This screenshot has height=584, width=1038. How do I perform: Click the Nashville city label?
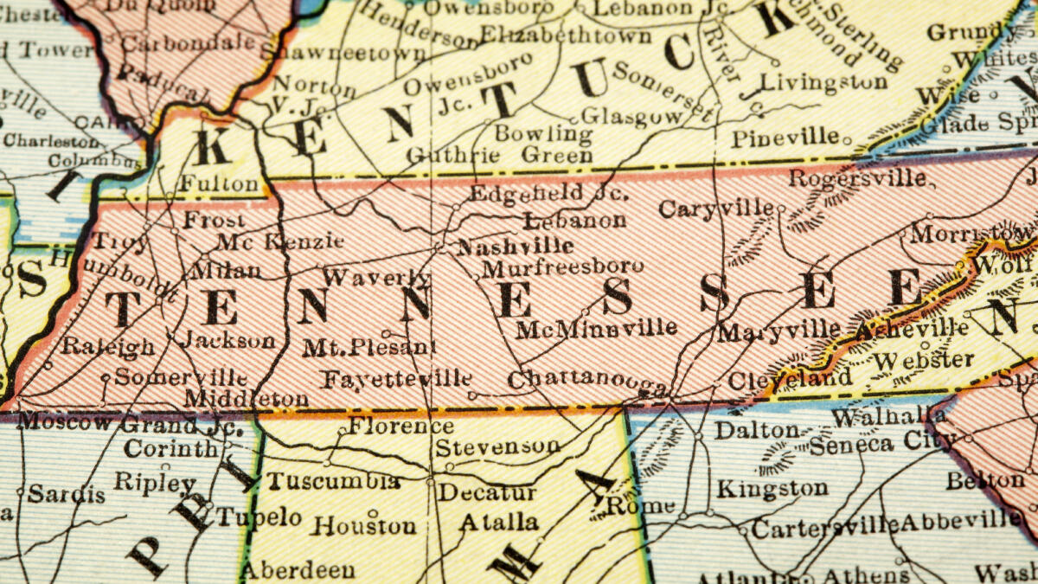coord(503,246)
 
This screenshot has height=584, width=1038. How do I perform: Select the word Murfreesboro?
coord(562,267)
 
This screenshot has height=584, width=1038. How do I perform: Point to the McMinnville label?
coord(596,328)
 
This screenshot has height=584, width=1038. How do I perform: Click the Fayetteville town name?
coord(397,379)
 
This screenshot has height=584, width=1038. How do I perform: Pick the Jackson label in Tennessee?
coord(228,340)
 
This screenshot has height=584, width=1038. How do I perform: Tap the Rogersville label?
coord(856,179)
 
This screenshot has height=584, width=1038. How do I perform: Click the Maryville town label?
coord(778,331)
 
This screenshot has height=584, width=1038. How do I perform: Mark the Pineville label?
coord(785,138)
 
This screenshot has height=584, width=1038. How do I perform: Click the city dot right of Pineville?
coord(848,138)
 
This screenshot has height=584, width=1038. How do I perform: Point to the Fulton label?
coord(220,184)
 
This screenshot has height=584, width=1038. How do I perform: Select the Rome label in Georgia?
coord(640,505)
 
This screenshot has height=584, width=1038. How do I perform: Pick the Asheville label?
coord(911,328)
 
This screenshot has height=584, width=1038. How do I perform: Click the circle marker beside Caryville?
coord(780,209)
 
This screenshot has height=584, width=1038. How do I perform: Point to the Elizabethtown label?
coord(566,35)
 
